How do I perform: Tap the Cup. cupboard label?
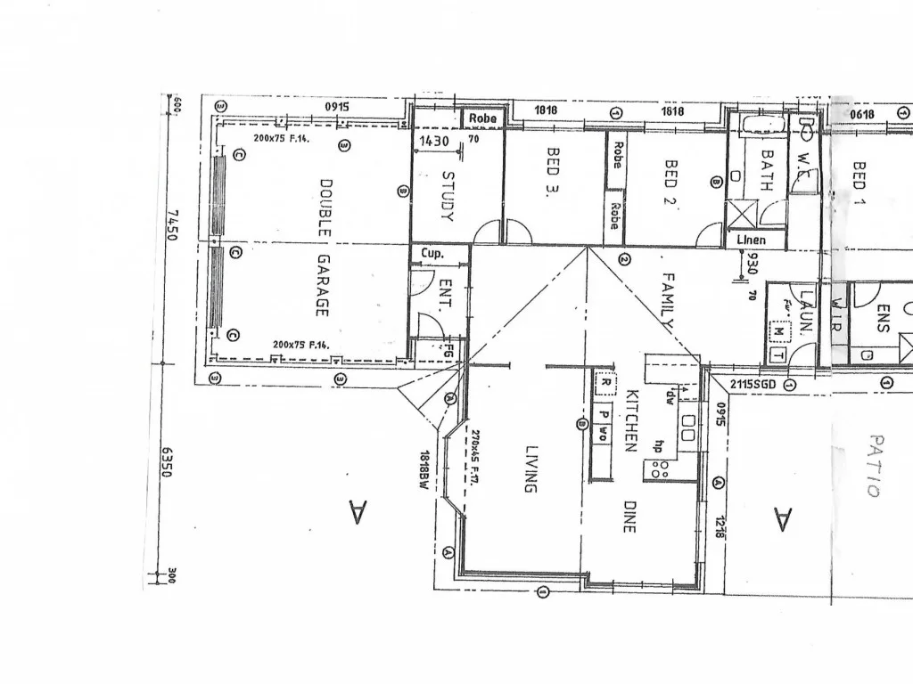click(x=432, y=254)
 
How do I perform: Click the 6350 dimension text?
click(x=166, y=462)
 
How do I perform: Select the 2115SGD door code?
click(x=753, y=384)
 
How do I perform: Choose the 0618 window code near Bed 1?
click(x=862, y=114)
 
